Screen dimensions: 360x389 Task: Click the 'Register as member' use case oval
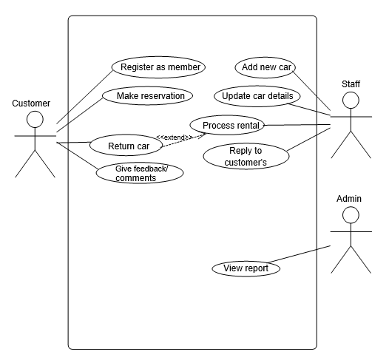click(x=159, y=67)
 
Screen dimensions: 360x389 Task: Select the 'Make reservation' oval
click(x=149, y=96)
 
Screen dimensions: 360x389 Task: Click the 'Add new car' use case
click(x=265, y=67)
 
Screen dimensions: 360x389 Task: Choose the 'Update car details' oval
click(x=257, y=96)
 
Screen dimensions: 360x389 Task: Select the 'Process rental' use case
click(x=231, y=125)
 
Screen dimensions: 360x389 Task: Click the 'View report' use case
click(x=246, y=268)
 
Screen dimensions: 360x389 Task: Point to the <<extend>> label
click(x=175, y=137)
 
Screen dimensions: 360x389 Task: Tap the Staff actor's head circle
click(x=351, y=100)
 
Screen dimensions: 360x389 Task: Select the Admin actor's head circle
click(x=351, y=214)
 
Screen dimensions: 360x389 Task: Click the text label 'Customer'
click(x=30, y=103)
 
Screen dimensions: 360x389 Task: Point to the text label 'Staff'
click(x=351, y=83)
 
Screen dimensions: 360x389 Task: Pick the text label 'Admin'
click(x=349, y=199)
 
